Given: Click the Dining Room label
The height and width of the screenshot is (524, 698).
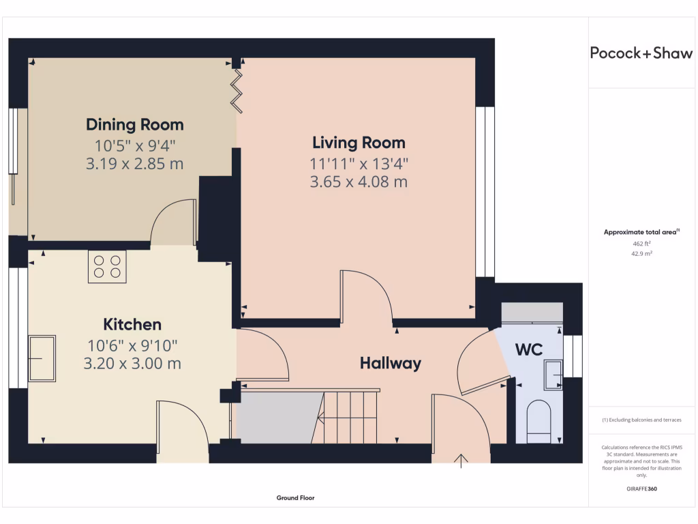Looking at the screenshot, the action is click(135, 125).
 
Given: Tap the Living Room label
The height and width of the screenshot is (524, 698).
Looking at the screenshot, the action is click(359, 143).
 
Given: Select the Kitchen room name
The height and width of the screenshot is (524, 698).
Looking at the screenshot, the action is click(132, 324).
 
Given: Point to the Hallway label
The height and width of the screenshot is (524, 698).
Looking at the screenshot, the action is click(391, 363).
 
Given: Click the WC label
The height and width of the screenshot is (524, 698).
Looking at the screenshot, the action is click(529, 350).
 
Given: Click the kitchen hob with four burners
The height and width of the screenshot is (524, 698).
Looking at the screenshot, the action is click(107, 267).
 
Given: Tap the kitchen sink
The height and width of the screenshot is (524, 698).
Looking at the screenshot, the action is click(42, 358).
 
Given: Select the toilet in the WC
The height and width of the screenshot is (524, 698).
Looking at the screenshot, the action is click(538, 422).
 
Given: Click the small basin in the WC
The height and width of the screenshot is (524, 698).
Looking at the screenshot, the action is click(553, 375).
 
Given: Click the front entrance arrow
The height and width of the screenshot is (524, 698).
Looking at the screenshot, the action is click(461, 461).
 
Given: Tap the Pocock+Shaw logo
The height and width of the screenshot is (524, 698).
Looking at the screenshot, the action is click(641, 53).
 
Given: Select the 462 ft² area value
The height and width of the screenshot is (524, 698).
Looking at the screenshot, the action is click(641, 244).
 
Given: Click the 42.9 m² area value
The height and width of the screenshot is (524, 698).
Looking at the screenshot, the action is click(641, 254).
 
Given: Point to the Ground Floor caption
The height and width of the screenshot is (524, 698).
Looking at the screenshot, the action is click(295, 497).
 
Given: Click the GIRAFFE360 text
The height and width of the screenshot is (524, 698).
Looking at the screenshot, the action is click(641, 489).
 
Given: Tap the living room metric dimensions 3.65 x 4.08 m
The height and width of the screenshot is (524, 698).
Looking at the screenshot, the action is click(359, 181).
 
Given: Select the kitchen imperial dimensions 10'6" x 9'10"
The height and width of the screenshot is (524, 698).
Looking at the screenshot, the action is click(132, 346).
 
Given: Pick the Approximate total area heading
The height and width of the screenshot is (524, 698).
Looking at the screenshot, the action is click(641, 232).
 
